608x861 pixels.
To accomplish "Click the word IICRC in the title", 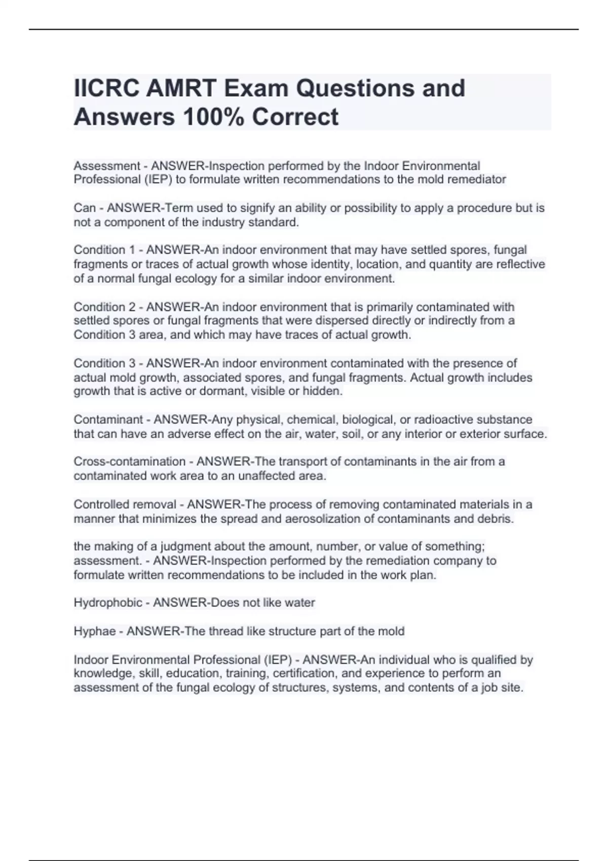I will pyautogui.click(x=106, y=88).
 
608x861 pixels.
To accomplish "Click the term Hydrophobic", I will pyautogui.click(x=108, y=603).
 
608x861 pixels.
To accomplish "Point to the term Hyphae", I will pyautogui.click(x=94, y=631).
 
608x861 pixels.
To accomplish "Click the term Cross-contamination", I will pyautogui.click(x=129, y=461).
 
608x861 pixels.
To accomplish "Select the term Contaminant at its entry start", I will pyautogui.click(x=108, y=419).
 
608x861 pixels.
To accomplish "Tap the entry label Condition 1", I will pyautogui.click(x=106, y=250).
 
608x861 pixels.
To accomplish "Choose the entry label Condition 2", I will pyautogui.click(x=106, y=307).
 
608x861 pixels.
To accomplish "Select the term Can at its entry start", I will pyautogui.click(x=85, y=208).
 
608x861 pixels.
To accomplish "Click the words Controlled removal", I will pyautogui.click(x=125, y=504).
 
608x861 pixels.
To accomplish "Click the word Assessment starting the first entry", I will pyautogui.click(x=106, y=166).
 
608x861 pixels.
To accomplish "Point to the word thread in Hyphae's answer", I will pyautogui.click(x=225, y=631).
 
